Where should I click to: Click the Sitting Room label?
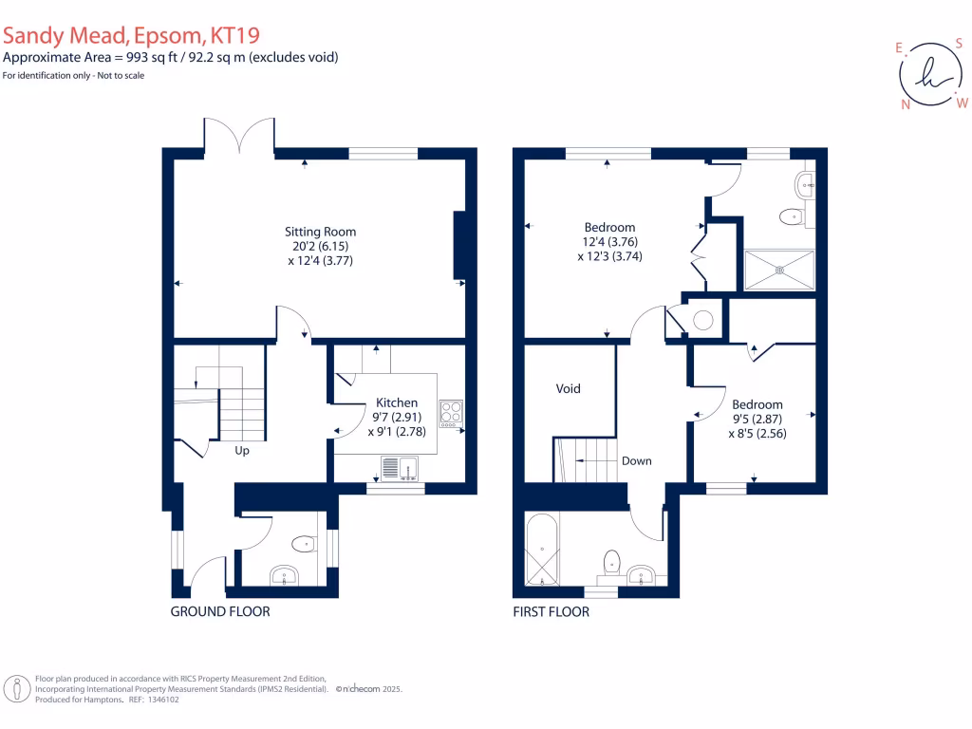(x=321, y=232)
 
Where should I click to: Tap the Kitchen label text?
(x=396, y=402)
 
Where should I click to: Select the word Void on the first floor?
(x=568, y=388)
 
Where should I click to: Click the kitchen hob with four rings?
(x=451, y=413)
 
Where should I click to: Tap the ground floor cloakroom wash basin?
(x=285, y=574)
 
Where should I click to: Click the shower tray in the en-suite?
(x=779, y=270)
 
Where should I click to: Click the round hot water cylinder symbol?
(x=702, y=321)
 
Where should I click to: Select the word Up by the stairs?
(x=242, y=451)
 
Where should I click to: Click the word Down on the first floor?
(x=636, y=461)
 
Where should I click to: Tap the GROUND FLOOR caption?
(x=220, y=612)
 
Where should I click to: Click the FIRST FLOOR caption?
(x=551, y=612)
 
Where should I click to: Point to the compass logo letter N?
(x=906, y=104)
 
